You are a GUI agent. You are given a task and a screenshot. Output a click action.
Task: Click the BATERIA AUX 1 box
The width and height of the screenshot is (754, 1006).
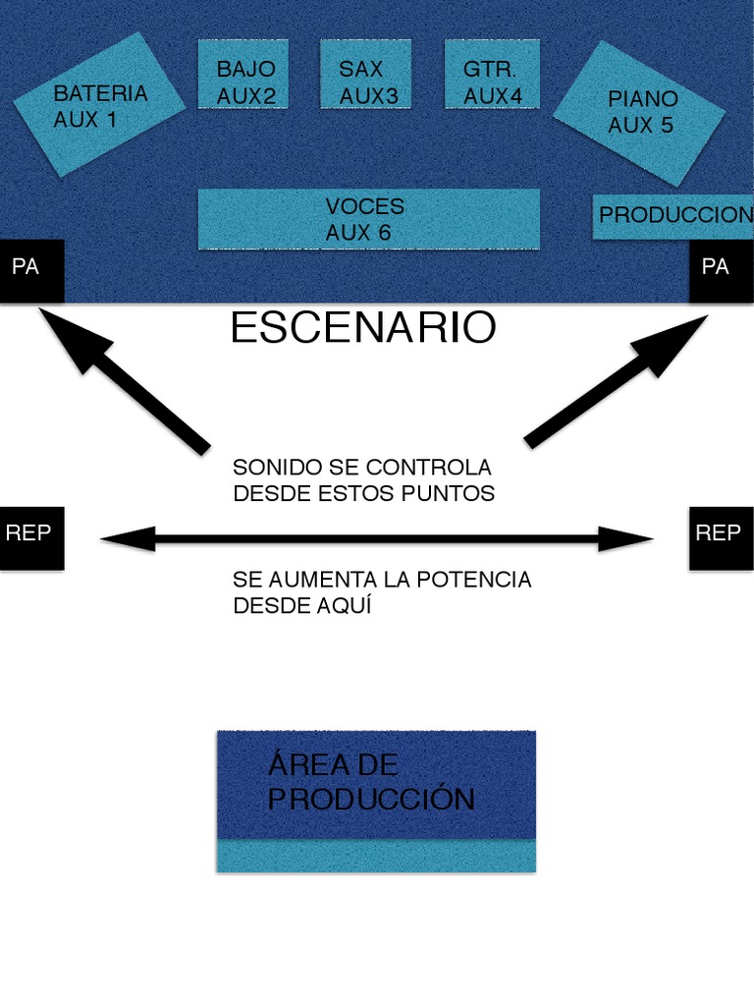pyautogui.click(x=99, y=105)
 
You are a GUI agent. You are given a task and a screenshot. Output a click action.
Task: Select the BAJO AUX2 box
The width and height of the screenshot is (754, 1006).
pyautogui.click(x=245, y=82)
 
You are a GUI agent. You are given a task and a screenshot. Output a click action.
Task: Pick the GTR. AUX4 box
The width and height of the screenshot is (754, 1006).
pyautogui.click(x=492, y=82)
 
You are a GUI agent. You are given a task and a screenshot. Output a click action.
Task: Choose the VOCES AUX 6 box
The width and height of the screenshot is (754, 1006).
pyautogui.click(x=368, y=219)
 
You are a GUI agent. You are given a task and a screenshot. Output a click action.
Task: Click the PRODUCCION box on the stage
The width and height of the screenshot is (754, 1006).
pyautogui.click(x=674, y=216)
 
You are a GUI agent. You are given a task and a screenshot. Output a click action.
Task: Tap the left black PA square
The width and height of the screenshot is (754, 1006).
pyautogui.click(x=31, y=270)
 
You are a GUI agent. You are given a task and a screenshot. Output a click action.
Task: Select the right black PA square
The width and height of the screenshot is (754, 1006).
pyautogui.click(x=721, y=270)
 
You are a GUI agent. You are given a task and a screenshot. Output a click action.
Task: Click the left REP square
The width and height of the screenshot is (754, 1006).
pyautogui.click(x=31, y=537)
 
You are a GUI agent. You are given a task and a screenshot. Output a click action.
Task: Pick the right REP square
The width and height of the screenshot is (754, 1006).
pyautogui.click(x=721, y=537)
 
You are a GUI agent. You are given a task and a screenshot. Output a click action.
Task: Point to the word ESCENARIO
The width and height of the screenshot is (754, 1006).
pyautogui.click(x=363, y=328)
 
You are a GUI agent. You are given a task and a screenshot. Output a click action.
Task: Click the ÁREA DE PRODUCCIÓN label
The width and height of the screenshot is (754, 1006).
pyautogui.click(x=370, y=782)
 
